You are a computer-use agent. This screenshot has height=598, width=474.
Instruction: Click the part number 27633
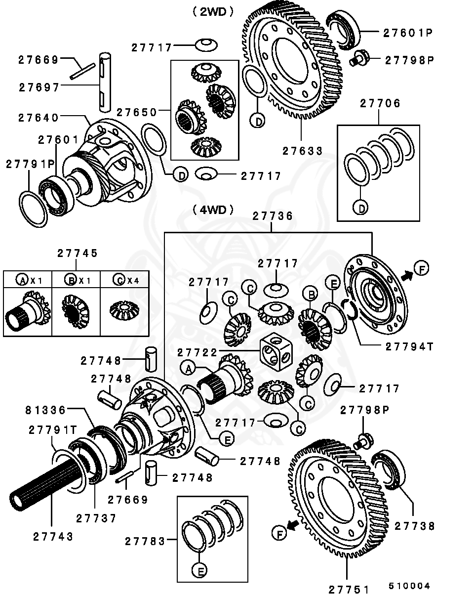click(303, 151)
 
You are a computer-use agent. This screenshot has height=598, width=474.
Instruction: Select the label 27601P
click(408, 33)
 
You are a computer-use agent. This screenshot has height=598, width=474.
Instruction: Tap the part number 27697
click(39, 87)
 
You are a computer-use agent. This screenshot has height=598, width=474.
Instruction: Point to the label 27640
click(39, 118)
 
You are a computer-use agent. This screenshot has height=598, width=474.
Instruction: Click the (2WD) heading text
click(213, 12)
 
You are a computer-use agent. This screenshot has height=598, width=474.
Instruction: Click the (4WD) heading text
click(213, 210)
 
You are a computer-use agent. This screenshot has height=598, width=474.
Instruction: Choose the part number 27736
click(273, 216)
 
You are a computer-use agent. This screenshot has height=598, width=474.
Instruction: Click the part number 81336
click(45, 410)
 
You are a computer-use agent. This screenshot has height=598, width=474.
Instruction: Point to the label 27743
click(53, 537)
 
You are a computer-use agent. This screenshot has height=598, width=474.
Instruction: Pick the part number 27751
click(349, 589)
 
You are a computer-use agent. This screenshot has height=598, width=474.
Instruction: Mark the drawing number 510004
click(409, 586)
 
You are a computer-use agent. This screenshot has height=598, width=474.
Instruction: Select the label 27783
click(145, 541)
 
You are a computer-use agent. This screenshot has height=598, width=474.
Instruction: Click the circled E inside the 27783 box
click(199, 571)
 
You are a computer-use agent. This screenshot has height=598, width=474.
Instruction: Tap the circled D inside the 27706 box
click(361, 208)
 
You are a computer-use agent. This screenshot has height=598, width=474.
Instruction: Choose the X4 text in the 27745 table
click(133, 280)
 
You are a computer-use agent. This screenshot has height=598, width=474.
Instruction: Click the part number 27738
click(415, 526)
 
